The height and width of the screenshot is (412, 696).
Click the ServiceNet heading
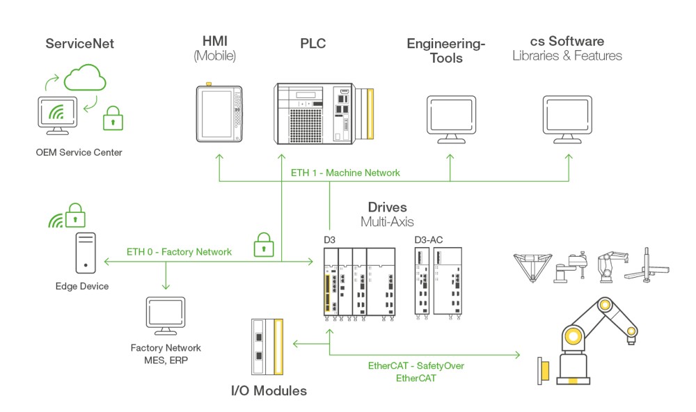point(79,44)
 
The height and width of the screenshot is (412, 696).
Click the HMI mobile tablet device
point(219,114)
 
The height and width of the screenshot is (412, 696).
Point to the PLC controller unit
point(321,113)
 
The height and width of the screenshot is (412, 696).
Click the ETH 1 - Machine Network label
point(346,172)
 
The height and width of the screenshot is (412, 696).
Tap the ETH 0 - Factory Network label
point(179,251)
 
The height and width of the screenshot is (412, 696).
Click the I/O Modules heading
point(269,390)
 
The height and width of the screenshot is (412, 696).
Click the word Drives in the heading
point(387,207)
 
